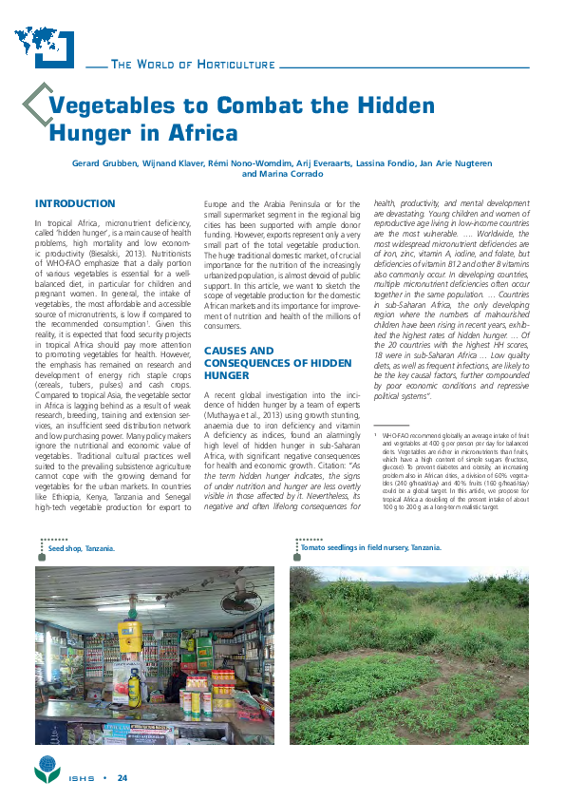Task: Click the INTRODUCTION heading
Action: coord(75,203)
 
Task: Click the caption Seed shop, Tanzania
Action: coord(82,549)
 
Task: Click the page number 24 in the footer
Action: coord(122,779)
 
